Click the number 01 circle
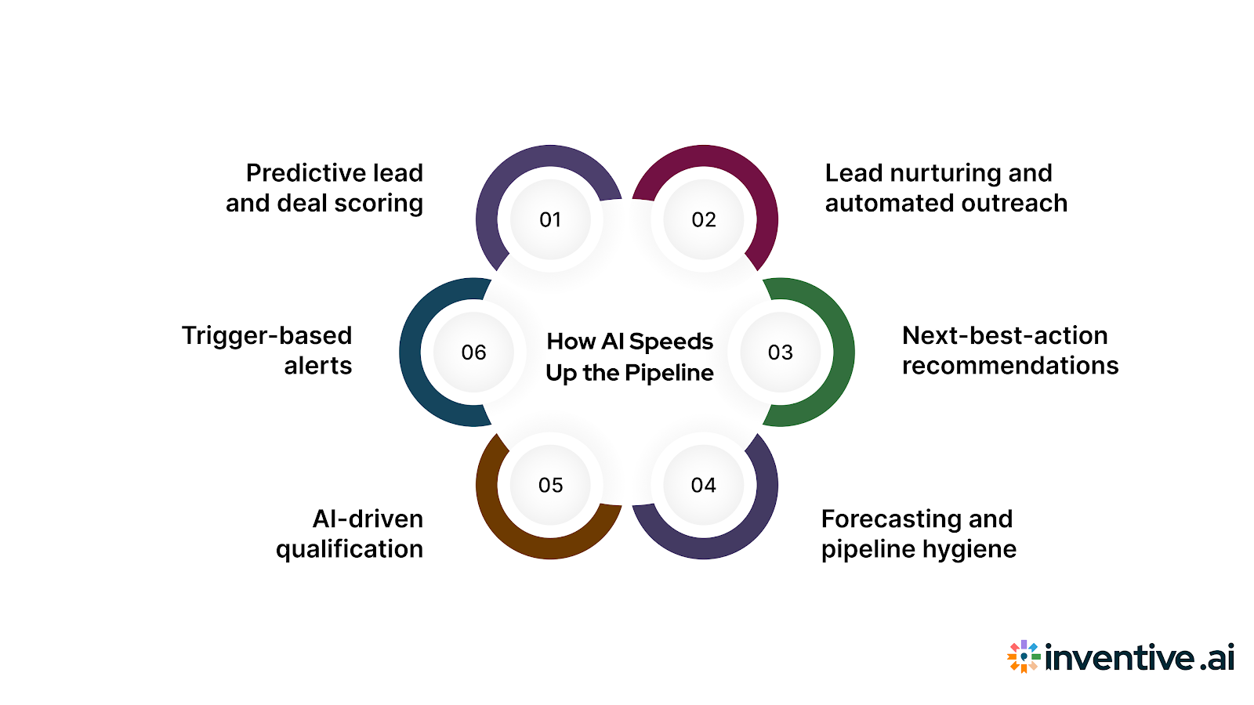550,220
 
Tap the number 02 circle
704,220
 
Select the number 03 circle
781,352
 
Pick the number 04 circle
704,486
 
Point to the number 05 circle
550,486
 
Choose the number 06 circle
473,352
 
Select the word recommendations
1009,366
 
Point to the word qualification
349,550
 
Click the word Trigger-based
266,336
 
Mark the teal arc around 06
412,352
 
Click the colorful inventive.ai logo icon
1024,656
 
